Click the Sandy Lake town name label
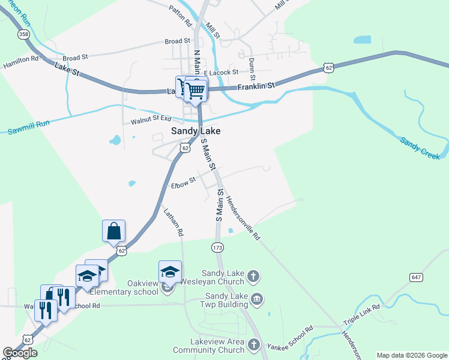[196, 130]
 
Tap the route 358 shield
[23, 35]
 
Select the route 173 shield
[218, 247]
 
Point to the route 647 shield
[417, 277]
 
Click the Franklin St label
[256, 86]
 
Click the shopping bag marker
[114, 230]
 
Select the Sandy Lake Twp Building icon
[257, 299]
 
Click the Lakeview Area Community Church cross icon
[254, 345]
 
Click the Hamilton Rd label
[21, 62]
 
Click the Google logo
[20, 353]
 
